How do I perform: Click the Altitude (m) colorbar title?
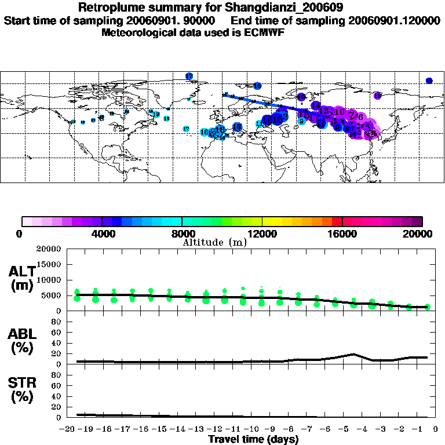tap(214, 242)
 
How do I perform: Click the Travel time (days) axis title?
tap(253, 439)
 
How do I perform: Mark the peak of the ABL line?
tap(353, 354)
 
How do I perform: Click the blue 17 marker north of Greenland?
tap(189, 76)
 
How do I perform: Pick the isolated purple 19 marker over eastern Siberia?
tap(377, 96)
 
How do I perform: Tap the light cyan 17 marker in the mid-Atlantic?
tap(186, 129)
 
